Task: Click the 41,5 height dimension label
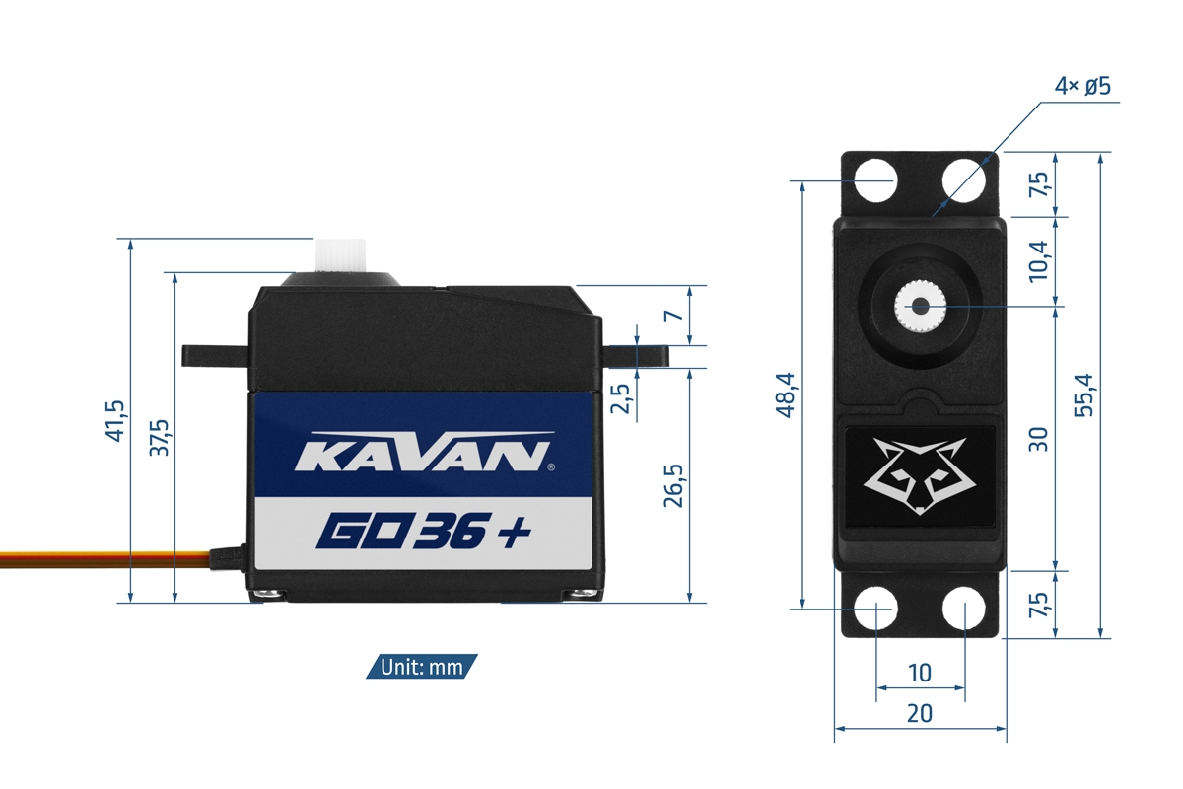[x=115, y=420]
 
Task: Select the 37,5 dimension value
[x=159, y=437]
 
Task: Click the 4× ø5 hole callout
[x=1081, y=87]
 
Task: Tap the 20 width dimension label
[x=920, y=712]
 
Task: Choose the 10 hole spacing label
[x=919, y=673]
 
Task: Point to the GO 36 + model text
[x=424, y=532]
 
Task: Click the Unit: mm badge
[x=422, y=667]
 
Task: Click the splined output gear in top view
[x=919, y=308]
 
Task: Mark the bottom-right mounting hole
[x=963, y=609]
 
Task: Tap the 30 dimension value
[x=1038, y=438]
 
